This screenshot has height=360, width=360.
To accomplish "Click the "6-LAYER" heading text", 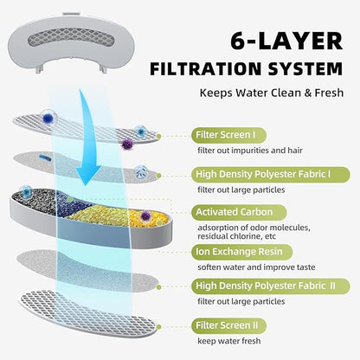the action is tap(286, 41).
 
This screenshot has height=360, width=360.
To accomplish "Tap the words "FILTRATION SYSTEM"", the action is tap(247, 68).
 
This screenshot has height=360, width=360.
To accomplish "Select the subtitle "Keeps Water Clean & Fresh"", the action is tap(272, 93).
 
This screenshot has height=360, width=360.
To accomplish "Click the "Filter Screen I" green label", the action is tap(228, 135).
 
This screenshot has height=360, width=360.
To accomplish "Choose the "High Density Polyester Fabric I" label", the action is tap(271, 175).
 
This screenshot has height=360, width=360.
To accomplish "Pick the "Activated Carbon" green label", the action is tap(239, 212).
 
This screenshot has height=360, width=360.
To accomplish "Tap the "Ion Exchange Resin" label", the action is tap(241, 252).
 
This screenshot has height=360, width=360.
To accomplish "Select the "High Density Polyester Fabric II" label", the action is tap(271, 286).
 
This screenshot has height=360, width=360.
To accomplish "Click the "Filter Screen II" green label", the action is tap(228, 325).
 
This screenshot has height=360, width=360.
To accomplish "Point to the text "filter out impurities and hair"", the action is tap(250, 151).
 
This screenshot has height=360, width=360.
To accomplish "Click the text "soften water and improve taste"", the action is tap(256, 267).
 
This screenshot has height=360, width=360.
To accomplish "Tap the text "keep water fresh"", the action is tap(229, 341).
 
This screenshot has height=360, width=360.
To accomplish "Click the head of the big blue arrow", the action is tap(88, 176).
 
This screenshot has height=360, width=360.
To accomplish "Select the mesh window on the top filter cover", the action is tap(71, 37).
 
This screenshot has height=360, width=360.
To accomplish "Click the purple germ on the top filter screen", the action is tap(126, 145).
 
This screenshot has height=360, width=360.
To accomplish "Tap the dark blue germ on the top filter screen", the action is tap(48, 118).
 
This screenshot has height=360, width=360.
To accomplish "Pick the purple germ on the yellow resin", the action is tap(145, 215).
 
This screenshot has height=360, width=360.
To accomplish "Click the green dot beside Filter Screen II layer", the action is tap(158, 326).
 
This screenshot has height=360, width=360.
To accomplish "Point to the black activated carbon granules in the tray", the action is tap(35, 201).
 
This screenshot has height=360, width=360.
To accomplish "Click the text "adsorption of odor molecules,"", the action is tap(254, 228).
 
